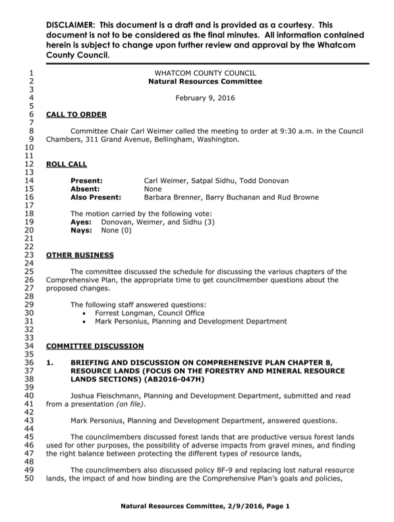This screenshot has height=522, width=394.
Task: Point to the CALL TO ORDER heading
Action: (x=76, y=114)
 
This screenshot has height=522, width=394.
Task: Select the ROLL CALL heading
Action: (x=66, y=163)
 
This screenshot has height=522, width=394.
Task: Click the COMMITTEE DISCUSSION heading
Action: (x=94, y=345)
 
